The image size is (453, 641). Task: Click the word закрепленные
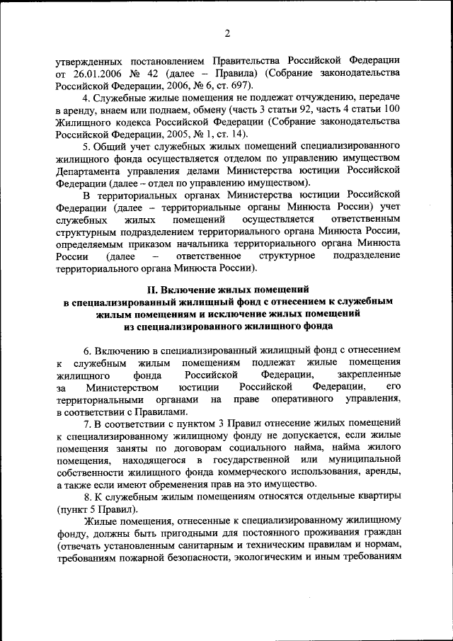(368, 375)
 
